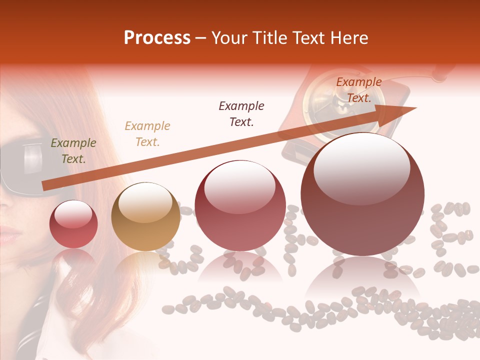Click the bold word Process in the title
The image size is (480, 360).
pyautogui.click(x=157, y=38)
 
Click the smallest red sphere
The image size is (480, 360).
pyautogui.click(x=73, y=224)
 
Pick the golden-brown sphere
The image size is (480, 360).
pyautogui.click(x=145, y=216)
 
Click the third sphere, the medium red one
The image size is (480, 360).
pyautogui.click(x=240, y=205)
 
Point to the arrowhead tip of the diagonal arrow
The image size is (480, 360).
pyautogui.click(x=416, y=107)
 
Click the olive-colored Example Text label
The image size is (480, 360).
pyautogui.click(x=73, y=151)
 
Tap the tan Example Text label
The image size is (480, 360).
pyautogui.click(x=147, y=134)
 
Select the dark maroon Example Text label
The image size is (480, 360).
pyautogui.click(x=241, y=113)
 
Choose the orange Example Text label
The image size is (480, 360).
pyautogui.click(x=358, y=90)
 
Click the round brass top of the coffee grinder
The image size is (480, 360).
pyautogui.click(x=327, y=97)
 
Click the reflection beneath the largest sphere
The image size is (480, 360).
pyautogui.click(x=362, y=280)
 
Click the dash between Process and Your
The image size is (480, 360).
pyautogui.click(x=201, y=38)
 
